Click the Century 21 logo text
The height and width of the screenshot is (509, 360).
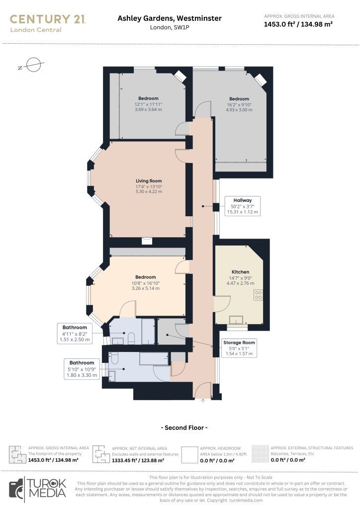click(48, 19)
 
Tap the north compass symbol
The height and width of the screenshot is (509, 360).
click(31, 65)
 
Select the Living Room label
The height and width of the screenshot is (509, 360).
click(149, 181)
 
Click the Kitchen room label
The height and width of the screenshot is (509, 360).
click(241, 272)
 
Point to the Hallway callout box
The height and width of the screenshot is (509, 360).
click(243, 206)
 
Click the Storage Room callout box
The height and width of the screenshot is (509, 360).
click(239, 348)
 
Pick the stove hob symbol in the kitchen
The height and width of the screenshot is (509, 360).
click(259, 295)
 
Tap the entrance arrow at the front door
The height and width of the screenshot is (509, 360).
click(203, 401)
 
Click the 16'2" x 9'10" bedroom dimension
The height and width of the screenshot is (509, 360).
click(239, 104)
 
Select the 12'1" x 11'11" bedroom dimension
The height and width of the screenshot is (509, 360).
click(148, 104)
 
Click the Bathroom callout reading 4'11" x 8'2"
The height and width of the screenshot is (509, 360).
click(75, 334)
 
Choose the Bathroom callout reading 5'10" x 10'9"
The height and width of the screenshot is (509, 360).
click(82, 369)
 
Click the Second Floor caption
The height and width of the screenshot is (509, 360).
click(184, 428)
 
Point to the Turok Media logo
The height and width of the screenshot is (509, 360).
click(38, 489)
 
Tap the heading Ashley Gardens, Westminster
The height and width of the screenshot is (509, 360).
click(170, 18)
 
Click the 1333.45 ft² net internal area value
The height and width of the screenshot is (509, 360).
click(138, 460)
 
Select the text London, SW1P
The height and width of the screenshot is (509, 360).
click(170, 28)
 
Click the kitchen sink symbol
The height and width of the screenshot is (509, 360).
click(236, 320)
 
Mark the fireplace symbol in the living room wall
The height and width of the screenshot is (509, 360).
click(147, 241)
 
